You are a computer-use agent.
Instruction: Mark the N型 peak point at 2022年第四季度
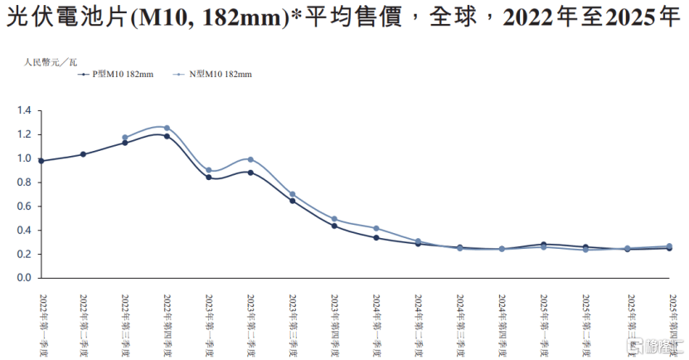(x=167, y=128)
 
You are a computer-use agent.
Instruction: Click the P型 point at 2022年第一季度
(x=41, y=161)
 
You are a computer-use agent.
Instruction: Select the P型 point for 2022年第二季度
(x=83, y=154)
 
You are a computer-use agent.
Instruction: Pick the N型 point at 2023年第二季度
(x=250, y=159)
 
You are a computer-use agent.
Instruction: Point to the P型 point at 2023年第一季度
(x=209, y=178)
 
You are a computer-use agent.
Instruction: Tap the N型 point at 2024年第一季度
(x=376, y=228)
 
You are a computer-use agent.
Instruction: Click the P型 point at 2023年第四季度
(x=334, y=226)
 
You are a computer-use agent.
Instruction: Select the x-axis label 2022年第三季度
(x=125, y=323)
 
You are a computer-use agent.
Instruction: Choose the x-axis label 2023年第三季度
(x=293, y=323)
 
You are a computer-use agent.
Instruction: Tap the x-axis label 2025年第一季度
(x=543, y=323)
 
